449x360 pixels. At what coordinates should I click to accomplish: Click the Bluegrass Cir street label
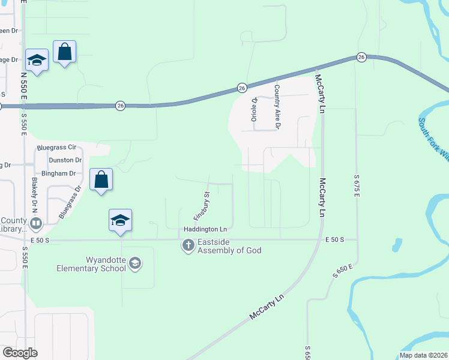tap(56, 147)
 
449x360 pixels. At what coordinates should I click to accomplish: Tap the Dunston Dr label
tap(65, 160)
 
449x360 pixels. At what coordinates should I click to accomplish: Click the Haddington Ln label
tap(205, 230)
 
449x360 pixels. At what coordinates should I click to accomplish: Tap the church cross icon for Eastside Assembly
tap(188, 245)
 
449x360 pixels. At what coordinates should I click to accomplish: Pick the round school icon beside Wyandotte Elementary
tap(136, 263)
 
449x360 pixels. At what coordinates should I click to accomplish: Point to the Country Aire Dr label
tap(277, 107)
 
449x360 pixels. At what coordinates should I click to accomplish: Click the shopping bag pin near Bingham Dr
tap(101, 179)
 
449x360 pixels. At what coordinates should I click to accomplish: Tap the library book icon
tap(35, 224)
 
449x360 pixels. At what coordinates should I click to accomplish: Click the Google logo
tap(20, 353)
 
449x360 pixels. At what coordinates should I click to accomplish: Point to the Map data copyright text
tap(423, 355)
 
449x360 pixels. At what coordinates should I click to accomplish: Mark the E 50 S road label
tap(334, 239)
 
